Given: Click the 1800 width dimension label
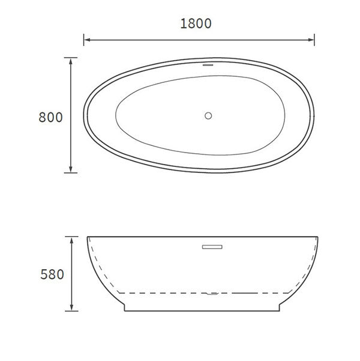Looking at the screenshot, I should (x=196, y=23).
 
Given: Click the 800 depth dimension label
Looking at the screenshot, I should (x=50, y=117).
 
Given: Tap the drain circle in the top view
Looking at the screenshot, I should (x=208, y=115).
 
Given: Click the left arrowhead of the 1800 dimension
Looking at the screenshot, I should (x=86, y=40).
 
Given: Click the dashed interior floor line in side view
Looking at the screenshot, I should (x=162, y=293).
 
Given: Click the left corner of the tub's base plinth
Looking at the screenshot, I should (x=125, y=311).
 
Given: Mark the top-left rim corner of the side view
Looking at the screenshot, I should (x=88, y=236).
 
